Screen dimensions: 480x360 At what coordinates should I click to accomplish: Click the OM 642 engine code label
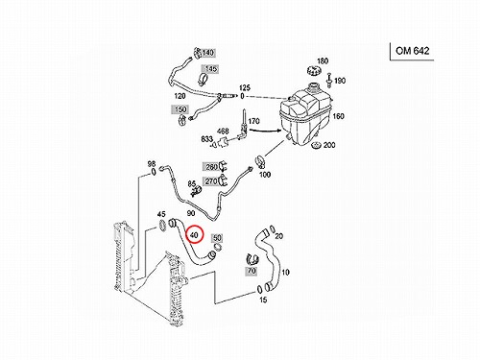(x=412, y=51)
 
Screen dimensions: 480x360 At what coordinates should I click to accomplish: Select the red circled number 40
(x=194, y=235)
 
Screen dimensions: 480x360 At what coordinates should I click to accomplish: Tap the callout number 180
(x=323, y=60)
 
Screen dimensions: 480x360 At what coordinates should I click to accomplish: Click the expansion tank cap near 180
(x=313, y=71)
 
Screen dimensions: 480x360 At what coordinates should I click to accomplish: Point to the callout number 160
(x=338, y=116)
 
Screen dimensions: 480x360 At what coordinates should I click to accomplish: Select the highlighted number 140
(x=208, y=52)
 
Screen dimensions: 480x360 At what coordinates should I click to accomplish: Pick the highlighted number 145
(x=210, y=69)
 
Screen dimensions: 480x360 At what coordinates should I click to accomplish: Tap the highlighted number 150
(x=180, y=109)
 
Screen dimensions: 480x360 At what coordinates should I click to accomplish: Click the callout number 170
(x=253, y=121)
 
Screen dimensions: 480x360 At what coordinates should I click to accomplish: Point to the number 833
(x=206, y=139)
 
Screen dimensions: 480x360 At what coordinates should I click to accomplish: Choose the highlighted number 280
(x=211, y=167)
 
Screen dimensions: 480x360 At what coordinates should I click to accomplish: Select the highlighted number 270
(x=211, y=181)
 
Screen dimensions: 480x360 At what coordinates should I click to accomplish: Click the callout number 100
(x=265, y=175)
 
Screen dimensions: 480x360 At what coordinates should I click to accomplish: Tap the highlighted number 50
(x=217, y=238)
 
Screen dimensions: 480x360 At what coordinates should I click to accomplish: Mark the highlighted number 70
(x=252, y=271)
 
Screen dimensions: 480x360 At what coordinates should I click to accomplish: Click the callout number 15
(x=263, y=300)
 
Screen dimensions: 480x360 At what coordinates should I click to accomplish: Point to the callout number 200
(x=329, y=145)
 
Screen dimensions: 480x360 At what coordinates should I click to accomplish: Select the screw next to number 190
(x=329, y=80)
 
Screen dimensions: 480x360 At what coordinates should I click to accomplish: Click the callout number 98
(x=152, y=164)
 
